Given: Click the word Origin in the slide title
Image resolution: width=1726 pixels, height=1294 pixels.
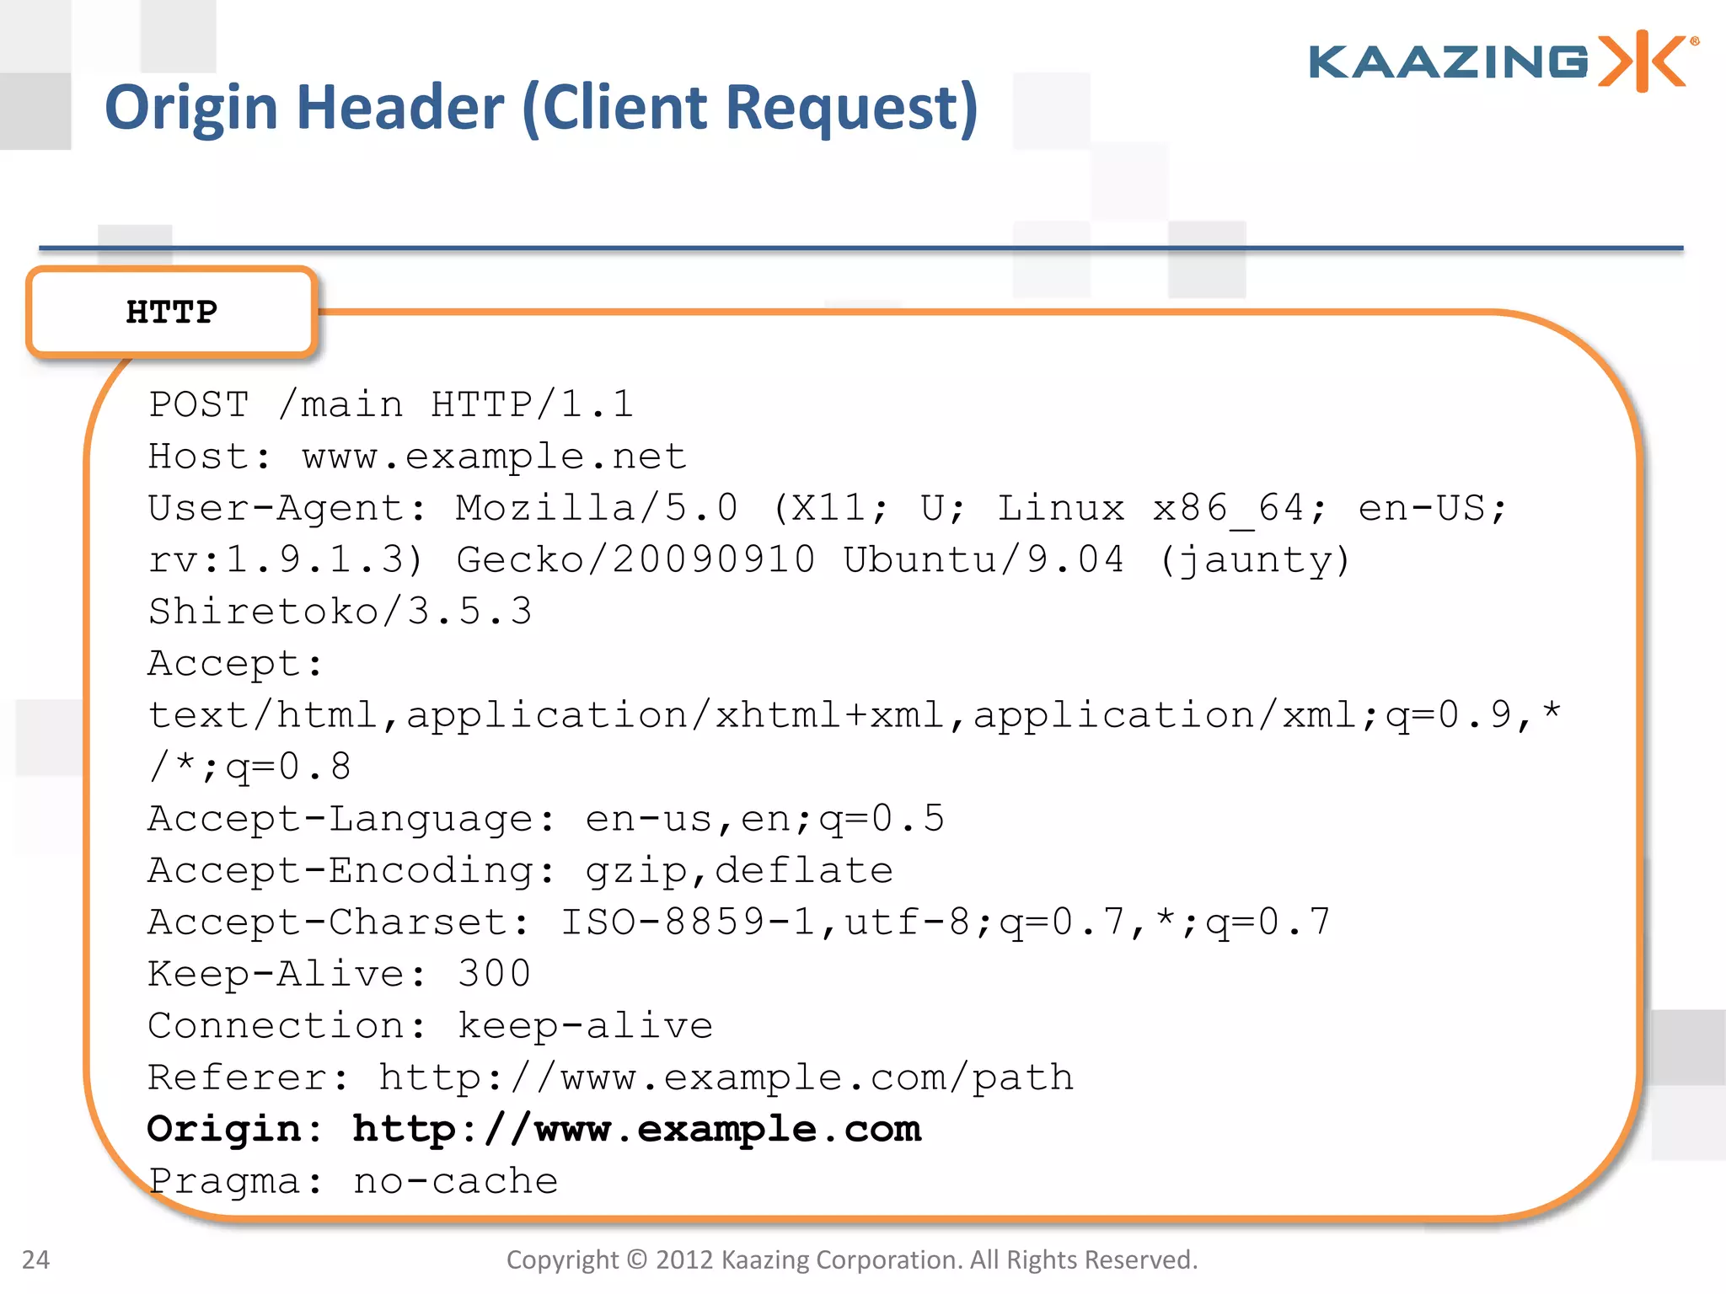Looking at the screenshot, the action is click(190, 108).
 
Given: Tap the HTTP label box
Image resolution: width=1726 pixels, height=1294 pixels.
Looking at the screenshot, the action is click(172, 313).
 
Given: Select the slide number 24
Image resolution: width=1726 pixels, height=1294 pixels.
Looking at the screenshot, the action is click(35, 1259).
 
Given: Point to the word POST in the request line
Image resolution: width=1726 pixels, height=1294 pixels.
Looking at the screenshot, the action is click(199, 405).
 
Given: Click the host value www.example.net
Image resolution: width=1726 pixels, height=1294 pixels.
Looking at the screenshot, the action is click(495, 457).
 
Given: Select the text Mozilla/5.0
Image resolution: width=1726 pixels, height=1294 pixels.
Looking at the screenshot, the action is click(597, 509).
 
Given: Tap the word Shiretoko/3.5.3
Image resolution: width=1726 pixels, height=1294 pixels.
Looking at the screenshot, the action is click(340, 612).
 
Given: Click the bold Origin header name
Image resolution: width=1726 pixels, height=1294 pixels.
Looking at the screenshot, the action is click(224, 1130).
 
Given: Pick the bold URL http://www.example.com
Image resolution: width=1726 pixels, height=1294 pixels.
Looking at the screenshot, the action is click(637, 1130).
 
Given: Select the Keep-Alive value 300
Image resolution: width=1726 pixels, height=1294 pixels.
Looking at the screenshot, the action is click(494, 975).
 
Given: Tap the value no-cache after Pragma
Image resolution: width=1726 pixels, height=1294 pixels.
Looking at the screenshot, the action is click(456, 1182).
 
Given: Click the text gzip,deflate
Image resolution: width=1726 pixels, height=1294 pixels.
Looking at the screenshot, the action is click(739, 871).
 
